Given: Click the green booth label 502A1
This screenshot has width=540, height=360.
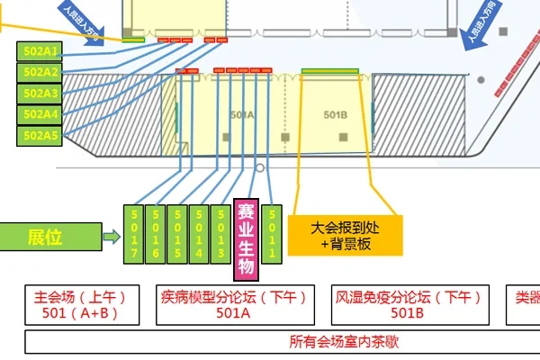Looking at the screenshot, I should (x=40, y=50).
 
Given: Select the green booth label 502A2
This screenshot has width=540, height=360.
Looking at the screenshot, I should (x=40, y=72).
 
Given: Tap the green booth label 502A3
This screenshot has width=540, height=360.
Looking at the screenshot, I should (x=40, y=94).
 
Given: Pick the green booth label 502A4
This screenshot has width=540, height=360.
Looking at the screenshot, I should (x=40, y=114).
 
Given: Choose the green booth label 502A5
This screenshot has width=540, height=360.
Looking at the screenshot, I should (x=40, y=136).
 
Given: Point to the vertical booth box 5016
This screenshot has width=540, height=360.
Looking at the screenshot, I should (x=155, y=235).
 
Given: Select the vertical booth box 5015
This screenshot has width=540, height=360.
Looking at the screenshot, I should (x=177, y=235).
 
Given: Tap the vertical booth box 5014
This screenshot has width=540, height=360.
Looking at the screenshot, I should (x=199, y=235).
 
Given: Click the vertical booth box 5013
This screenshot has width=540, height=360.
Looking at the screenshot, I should (x=220, y=235).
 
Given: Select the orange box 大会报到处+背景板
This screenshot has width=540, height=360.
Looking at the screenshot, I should (x=346, y=236).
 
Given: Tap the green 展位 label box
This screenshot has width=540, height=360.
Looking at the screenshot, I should (x=44, y=238).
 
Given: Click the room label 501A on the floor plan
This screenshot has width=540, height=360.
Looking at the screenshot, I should (x=242, y=115).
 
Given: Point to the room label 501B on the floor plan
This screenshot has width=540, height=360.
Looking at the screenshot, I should (x=335, y=114).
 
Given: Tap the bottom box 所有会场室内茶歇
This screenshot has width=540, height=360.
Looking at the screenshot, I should (x=281, y=342).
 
